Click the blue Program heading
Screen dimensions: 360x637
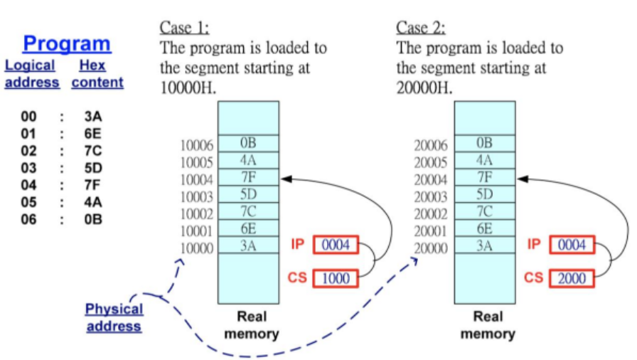click(67, 44)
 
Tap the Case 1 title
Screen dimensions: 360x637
click(185, 28)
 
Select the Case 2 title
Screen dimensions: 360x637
click(421, 28)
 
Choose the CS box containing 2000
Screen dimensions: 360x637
click(572, 278)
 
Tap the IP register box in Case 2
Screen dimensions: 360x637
click(572, 245)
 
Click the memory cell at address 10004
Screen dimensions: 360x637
click(249, 178)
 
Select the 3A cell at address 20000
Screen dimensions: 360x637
click(485, 246)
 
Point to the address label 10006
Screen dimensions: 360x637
click(198, 146)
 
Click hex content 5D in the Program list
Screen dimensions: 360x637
click(93, 169)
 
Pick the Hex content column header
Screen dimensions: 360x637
click(97, 74)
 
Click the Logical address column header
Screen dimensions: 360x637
click(31, 74)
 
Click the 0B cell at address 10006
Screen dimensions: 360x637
click(249, 144)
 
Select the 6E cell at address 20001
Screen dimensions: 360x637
click(485, 229)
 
